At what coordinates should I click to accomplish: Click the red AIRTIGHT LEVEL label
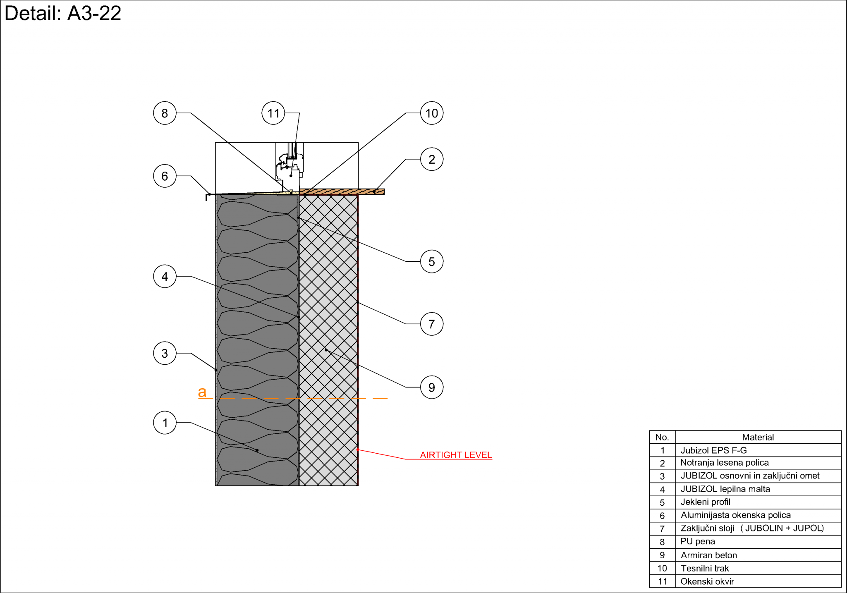coord(456,455)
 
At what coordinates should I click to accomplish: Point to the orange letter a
coord(202,392)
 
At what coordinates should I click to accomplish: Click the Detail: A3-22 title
coord(63,13)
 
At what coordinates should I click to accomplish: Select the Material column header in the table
coord(758,437)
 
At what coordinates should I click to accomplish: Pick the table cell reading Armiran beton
coord(709,555)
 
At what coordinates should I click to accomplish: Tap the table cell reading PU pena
coord(698,541)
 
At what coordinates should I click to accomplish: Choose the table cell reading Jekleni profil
coord(706,502)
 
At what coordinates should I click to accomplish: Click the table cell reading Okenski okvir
coord(707,581)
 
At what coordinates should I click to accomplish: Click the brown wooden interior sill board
coord(342,192)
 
